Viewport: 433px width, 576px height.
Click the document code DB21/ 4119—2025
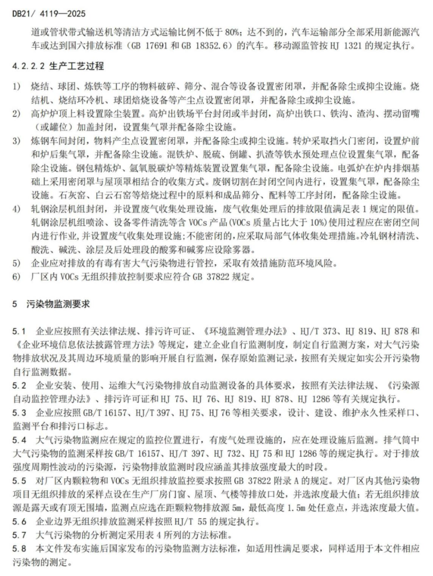[x=49, y=14]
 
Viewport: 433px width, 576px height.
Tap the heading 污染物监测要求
[x=58, y=304]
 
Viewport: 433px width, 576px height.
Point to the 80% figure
[x=233, y=32]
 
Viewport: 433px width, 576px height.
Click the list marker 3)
[x=16, y=141]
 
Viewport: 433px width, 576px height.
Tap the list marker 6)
[x=16, y=277]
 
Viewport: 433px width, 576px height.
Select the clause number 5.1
[x=19, y=331]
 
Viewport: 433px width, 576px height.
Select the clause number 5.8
[x=19, y=549]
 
